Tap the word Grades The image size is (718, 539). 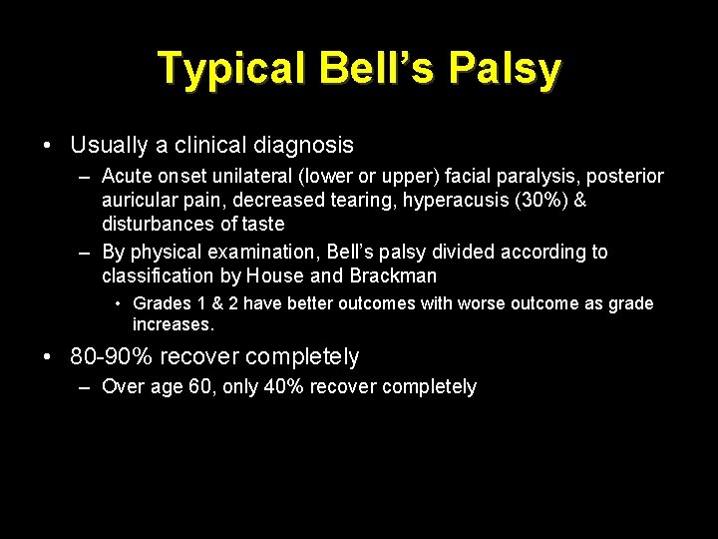click(x=162, y=303)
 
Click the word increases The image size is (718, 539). click(x=173, y=324)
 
